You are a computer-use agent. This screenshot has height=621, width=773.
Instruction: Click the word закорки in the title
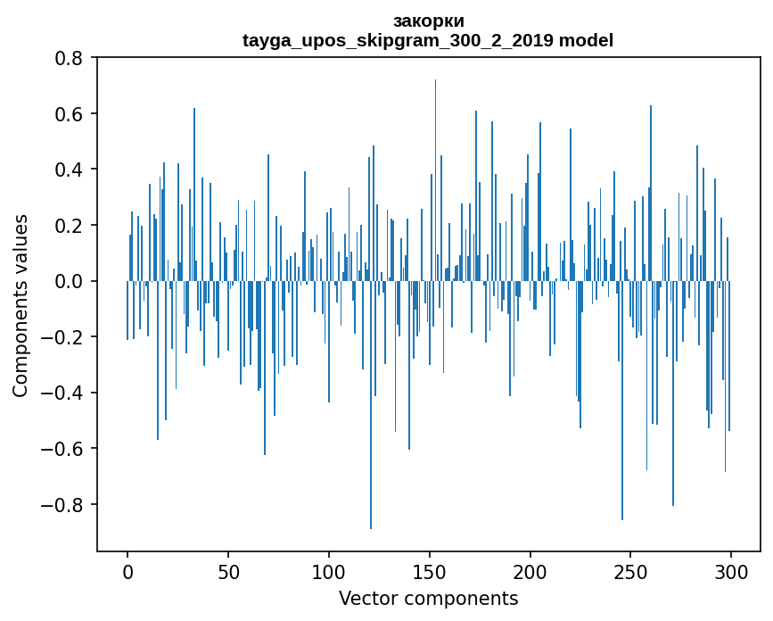[428, 21]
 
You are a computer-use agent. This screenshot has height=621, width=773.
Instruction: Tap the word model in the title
[586, 40]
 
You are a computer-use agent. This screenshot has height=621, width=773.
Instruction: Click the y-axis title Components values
[21, 306]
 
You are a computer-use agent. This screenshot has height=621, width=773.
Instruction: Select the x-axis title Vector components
[428, 598]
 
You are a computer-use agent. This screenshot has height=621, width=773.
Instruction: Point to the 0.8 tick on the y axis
[70, 58]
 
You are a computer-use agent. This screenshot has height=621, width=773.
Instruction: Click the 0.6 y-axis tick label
[70, 114]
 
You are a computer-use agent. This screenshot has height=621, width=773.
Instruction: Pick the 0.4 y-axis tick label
[70, 170]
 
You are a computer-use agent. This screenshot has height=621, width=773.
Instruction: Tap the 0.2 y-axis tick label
[70, 226]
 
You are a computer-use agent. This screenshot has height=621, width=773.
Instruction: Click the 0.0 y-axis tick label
[70, 281]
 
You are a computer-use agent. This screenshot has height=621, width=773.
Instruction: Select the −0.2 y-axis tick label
[64, 337]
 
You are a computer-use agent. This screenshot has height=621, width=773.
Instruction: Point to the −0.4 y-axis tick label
[64, 393]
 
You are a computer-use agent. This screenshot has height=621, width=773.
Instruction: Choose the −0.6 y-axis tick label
[64, 449]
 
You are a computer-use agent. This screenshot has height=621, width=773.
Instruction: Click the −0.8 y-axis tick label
[64, 504]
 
